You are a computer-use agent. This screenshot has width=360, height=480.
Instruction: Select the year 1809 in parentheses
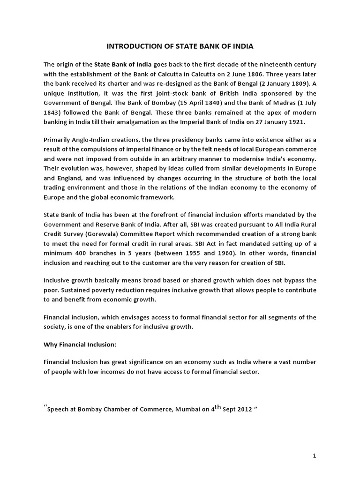[300, 83]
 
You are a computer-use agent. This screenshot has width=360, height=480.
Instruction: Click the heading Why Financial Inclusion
[79, 345]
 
